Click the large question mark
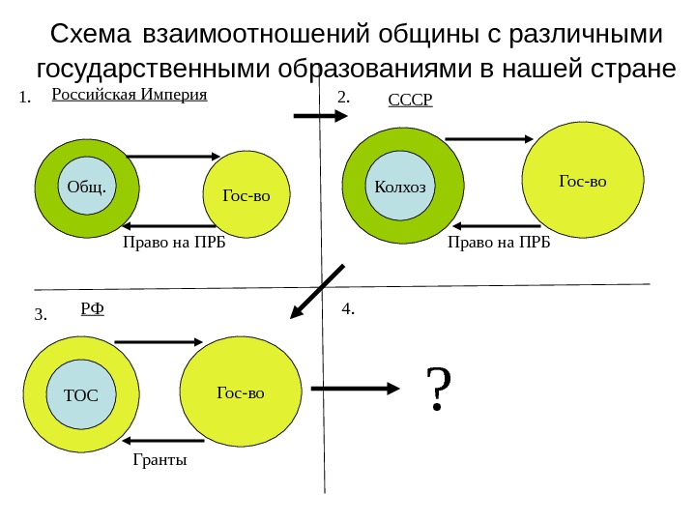[439, 389]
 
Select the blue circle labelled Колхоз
[399, 186]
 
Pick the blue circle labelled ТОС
[80, 394]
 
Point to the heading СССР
[411, 100]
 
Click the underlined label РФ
[92, 308]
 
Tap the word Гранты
[159, 460]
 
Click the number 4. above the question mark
[349, 308]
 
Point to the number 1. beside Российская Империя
[25, 98]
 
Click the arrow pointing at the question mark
[360, 389]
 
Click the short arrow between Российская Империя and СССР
[318, 116]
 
